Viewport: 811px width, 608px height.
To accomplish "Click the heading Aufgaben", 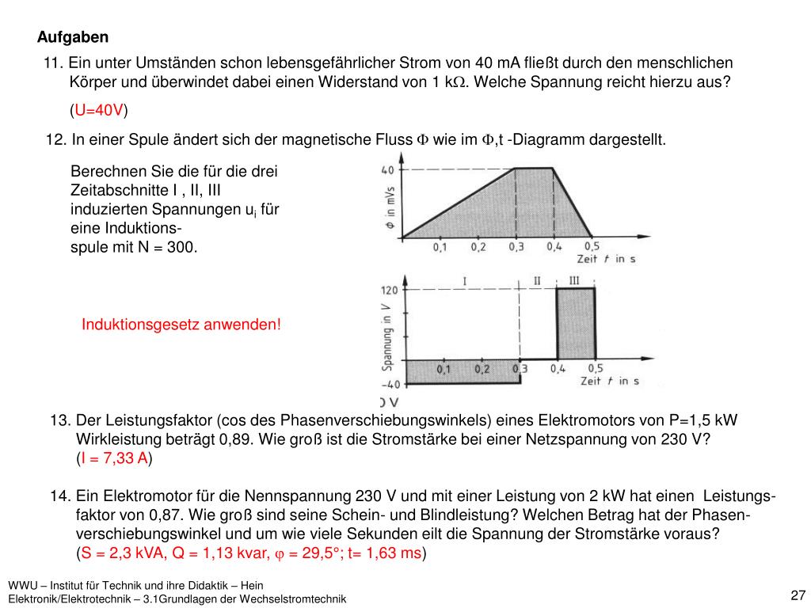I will (73, 37).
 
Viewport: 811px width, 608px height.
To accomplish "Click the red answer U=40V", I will (97, 109).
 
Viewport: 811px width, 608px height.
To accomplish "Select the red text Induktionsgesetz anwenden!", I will (181, 325).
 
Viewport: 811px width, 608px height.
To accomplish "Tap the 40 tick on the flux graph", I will (388, 169).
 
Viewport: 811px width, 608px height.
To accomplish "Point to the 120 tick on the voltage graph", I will (390, 291).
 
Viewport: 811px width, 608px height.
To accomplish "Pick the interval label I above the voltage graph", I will (464, 281).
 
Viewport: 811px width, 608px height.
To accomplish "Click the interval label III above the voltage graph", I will (574, 281).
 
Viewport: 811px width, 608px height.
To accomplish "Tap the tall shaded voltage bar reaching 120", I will (576, 325).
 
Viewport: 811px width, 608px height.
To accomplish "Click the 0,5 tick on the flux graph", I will (592, 247).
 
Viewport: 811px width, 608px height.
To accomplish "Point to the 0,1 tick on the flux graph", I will (440, 247).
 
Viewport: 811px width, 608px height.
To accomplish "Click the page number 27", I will (798, 595).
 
